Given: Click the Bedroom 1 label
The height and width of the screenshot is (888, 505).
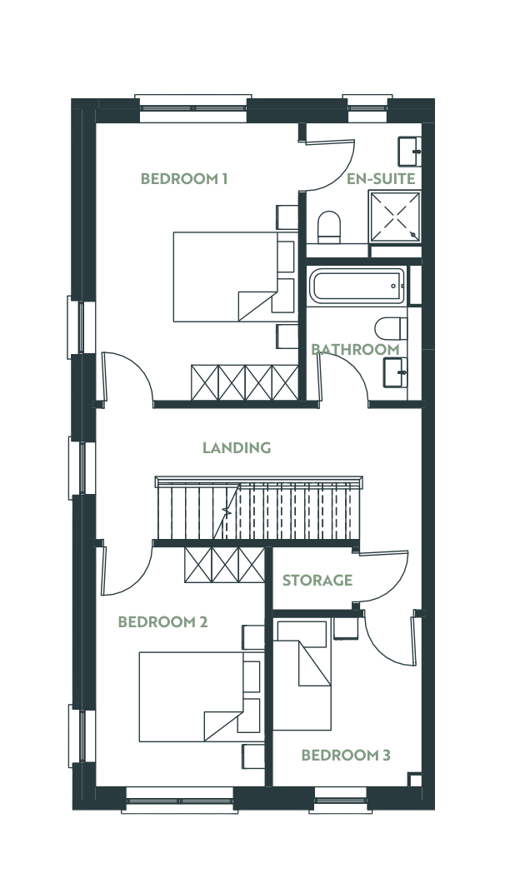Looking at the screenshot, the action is (184, 179).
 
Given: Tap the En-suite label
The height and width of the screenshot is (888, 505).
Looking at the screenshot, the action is (381, 179).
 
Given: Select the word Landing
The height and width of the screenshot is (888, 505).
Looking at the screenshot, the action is (237, 448).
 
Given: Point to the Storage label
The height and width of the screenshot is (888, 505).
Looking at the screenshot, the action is (317, 581).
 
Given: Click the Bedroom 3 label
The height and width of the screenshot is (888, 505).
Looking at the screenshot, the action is (346, 755).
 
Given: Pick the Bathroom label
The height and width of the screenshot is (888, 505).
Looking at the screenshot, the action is (355, 349).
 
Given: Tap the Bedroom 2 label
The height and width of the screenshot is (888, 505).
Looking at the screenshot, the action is (162, 621).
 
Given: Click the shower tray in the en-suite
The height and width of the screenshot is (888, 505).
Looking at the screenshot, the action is (395, 217).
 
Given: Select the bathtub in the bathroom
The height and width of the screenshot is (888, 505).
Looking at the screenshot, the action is (357, 286).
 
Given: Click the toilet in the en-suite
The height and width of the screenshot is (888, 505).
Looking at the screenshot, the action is (328, 227).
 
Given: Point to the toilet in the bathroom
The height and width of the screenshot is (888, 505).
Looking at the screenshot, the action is (391, 328).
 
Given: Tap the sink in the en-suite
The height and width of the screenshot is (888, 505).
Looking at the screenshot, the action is (409, 152).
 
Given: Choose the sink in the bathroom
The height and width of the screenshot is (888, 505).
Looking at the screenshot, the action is (395, 372).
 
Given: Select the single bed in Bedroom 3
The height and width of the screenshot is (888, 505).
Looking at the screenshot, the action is (302, 675).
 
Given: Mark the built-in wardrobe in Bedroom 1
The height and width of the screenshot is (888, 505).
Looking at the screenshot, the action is (245, 383).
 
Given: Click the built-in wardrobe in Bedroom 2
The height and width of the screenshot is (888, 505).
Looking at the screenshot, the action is (224, 565).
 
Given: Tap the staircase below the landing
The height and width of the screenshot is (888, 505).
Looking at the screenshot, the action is (258, 509).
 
